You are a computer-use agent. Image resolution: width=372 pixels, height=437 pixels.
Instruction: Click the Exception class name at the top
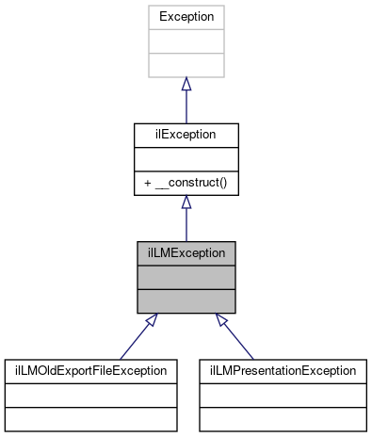[186, 17]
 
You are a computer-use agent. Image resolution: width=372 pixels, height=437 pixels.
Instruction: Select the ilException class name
[186, 135]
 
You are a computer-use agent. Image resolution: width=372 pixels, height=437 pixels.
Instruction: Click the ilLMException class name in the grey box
[186, 252]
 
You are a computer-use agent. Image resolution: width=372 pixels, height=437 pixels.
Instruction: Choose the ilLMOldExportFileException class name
[90, 370]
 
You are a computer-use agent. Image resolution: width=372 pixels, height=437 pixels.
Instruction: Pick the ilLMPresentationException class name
[282, 370]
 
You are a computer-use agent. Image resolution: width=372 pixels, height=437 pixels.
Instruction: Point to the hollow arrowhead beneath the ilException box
[186, 202]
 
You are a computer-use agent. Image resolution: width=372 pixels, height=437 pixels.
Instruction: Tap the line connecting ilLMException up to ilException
[186, 225]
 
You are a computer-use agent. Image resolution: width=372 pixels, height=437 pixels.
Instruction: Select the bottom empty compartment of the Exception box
[186, 65]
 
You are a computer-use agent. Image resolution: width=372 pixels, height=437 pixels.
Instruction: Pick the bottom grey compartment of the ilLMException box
[186, 300]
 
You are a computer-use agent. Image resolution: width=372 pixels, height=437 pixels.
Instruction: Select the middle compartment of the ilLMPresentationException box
[282, 394]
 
